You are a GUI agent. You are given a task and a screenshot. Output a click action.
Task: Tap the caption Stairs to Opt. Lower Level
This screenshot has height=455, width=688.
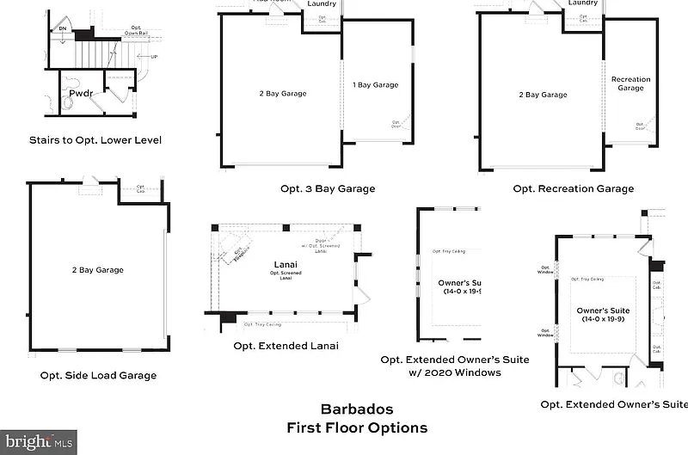(x=95, y=139)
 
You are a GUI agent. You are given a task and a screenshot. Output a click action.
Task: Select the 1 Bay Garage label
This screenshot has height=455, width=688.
(x=375, y=85)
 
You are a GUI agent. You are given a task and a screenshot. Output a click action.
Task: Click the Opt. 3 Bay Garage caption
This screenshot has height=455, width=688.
(x=327, y=189)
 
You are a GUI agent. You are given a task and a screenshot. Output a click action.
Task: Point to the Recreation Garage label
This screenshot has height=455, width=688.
(x=630, y=83)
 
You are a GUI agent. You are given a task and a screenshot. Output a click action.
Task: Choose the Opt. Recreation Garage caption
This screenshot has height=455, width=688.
(x=573, y=189)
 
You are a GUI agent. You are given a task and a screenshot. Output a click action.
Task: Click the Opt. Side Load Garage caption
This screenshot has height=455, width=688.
(x=98, y=375)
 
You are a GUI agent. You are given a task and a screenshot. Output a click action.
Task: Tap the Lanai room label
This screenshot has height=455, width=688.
(x=286, y=265)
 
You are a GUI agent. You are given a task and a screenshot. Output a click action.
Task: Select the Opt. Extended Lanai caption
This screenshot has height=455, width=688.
(x=286, y=346)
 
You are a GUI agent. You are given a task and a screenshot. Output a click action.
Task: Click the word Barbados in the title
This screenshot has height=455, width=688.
(x=356, y=409)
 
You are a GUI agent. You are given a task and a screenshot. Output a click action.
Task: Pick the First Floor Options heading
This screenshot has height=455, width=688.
(x=356, y=427)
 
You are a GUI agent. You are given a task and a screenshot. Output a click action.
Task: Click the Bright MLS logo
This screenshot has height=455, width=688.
(x=38, y=441)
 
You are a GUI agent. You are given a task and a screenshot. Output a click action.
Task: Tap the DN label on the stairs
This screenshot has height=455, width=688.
(x=63, y=29)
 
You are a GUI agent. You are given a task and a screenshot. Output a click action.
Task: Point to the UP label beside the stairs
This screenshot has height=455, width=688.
(x=153, y=57)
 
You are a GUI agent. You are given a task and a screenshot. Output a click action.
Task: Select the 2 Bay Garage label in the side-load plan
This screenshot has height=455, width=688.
(x=97, y=270)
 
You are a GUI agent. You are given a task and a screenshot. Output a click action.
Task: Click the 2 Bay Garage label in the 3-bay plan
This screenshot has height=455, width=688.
(x=283, y=94)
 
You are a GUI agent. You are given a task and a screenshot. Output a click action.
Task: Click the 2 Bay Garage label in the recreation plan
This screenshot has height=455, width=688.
(x=543, y=95)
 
